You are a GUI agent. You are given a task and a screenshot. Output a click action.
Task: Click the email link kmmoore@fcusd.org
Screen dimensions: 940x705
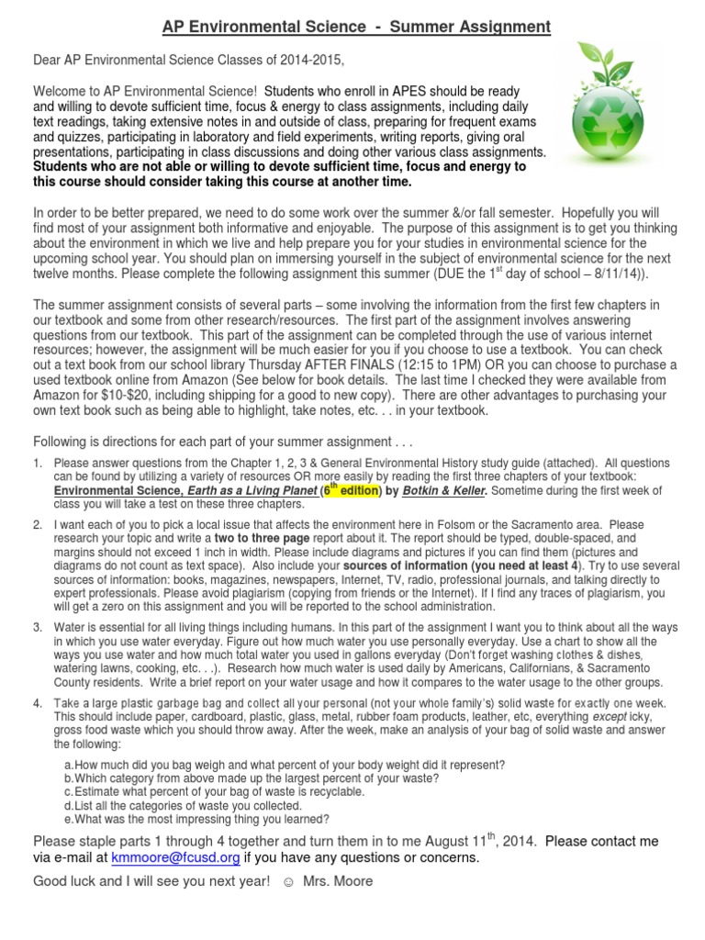pyautogui.click(x=175, y=857)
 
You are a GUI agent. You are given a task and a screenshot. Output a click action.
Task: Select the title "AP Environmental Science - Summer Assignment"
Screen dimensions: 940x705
pyautogui.click(x=356, y=28)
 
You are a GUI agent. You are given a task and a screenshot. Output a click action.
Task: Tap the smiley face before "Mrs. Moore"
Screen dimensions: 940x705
pyautogui.click(x=287, y=881)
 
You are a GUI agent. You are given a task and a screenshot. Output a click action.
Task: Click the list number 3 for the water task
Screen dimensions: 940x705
pyautogui.click(x=38, y=628)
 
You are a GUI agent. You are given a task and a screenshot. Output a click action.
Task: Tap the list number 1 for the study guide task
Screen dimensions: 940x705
pyautogui.click(x=38, y=464)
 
